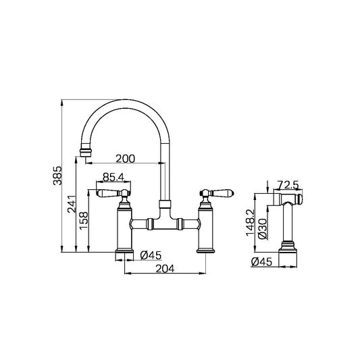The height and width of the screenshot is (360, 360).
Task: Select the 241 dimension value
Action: pos(72,204)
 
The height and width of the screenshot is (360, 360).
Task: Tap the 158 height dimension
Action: pos(84,220)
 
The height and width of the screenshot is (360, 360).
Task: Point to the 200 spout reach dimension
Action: pos(125,159)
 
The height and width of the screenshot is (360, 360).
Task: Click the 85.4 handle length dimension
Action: pos(113,177)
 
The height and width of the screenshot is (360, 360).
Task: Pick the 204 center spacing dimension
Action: pos(165,268)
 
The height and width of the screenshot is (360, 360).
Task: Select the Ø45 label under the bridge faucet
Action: pos(151,255)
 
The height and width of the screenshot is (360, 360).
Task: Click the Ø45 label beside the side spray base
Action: pos(261,262)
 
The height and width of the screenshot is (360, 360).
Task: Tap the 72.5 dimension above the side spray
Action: pos(288,184)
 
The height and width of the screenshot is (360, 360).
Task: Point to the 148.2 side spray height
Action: pos(251,222)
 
